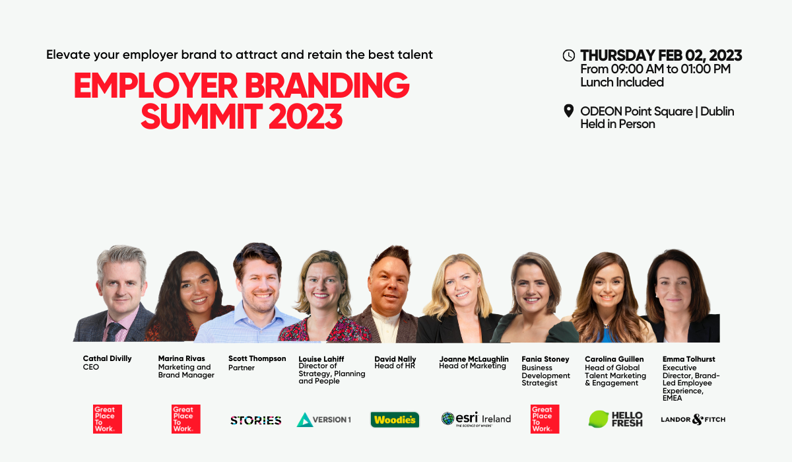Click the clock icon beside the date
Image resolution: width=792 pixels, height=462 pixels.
click(x=568, y=55)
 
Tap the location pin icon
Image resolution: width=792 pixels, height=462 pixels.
click(x=568, y=111)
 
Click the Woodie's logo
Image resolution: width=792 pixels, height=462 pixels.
click(x=395, y=419)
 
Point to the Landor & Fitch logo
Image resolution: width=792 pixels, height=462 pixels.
click(x=693, y=419)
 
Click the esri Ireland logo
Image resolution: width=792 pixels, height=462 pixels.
click(x=476, y=419)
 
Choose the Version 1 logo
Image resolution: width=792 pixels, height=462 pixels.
click(x=323, y=419)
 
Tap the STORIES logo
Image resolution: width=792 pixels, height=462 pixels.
click(x=255, y=420)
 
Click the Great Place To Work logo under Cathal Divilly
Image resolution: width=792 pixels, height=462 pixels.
click(x=108, y=419)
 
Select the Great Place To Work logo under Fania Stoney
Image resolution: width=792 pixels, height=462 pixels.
click(x=544, y=419)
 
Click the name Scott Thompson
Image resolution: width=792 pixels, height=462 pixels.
click(x=257, y=358)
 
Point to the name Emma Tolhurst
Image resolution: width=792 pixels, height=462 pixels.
click(x=688, y=359)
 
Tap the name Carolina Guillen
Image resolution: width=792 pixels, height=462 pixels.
click(x=614, y=359)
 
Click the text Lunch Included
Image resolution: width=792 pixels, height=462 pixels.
click(x=622, y=82)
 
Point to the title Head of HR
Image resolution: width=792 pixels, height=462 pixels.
click(x=394, y=366)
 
